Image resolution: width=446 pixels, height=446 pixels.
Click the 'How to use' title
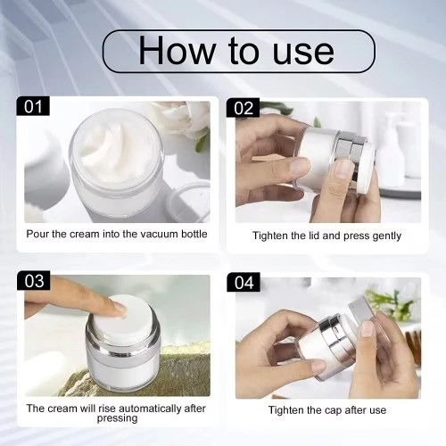pyautogui.click(x=236, y=51)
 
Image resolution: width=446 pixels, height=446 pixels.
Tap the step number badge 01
pyautogui.click(x=33, y=107)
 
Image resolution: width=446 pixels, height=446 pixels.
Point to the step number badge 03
pyautogui.click(x=33, y=281)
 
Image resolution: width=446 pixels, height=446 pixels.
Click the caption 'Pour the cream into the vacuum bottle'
pyautogui.click(x=118, y=235)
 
